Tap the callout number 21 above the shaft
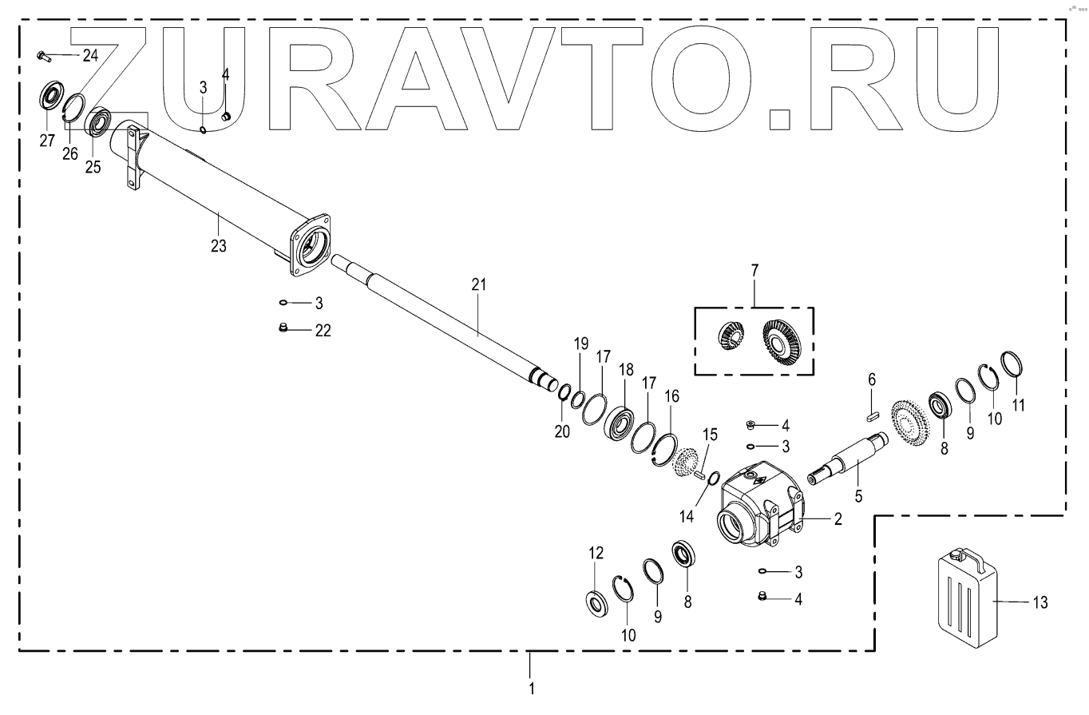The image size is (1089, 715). pos(478,285)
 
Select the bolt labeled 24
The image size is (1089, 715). pos(43,56)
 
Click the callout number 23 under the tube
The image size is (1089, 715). pos(218,247)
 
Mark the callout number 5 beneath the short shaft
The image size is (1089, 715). pos(858,496)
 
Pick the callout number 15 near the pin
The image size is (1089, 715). pos(710,435)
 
